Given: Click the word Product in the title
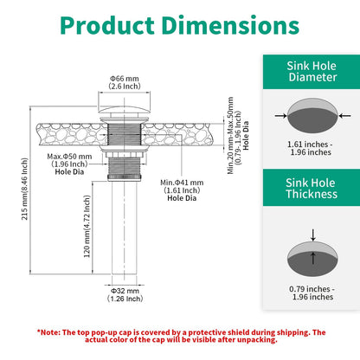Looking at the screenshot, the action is click(107, 25).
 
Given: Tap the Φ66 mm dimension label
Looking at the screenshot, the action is click(125, 79).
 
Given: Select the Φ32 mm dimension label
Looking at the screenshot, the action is click(125, 291).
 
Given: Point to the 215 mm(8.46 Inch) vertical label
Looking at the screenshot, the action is click(25, 189).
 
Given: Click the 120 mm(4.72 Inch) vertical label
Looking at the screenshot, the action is click(87, 227).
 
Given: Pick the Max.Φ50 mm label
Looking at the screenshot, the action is click(69, 157).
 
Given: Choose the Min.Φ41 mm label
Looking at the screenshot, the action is click(182, 183).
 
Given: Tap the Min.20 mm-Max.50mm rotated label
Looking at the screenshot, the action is click(230, 136).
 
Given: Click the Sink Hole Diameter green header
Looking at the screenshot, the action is click(312, 72).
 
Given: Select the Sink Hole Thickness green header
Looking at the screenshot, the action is click(312, 188).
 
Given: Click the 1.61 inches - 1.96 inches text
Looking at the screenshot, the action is click(311, 148).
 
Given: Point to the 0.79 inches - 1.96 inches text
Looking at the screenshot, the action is click(312, 292).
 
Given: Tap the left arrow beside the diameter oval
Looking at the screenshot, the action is click(280, 116).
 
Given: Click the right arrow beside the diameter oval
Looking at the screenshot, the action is click(344, 116).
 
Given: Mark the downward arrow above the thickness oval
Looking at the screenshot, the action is click(313, 235).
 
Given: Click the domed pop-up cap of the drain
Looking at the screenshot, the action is click(125, 110).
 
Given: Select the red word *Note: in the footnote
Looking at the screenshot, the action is click(48, 332).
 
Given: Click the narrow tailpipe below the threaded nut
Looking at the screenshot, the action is click(125, 228).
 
